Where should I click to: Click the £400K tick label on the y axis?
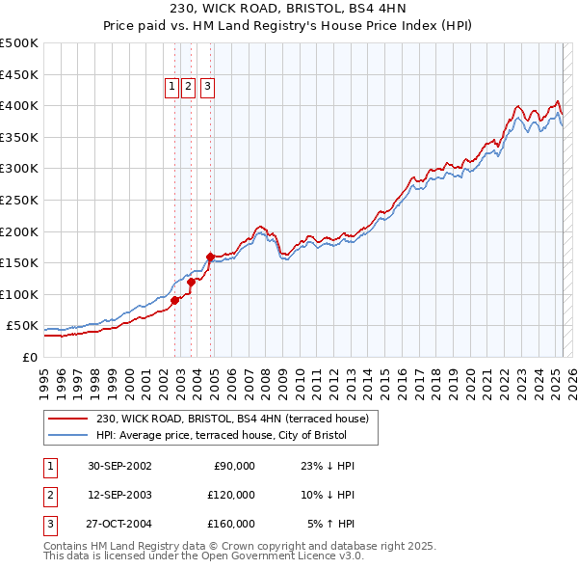(18, 105)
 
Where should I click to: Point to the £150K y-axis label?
(18, 262)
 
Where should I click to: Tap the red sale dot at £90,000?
(175, 300)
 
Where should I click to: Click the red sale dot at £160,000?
(210, 257)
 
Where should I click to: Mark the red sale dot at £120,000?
(192, 282)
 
